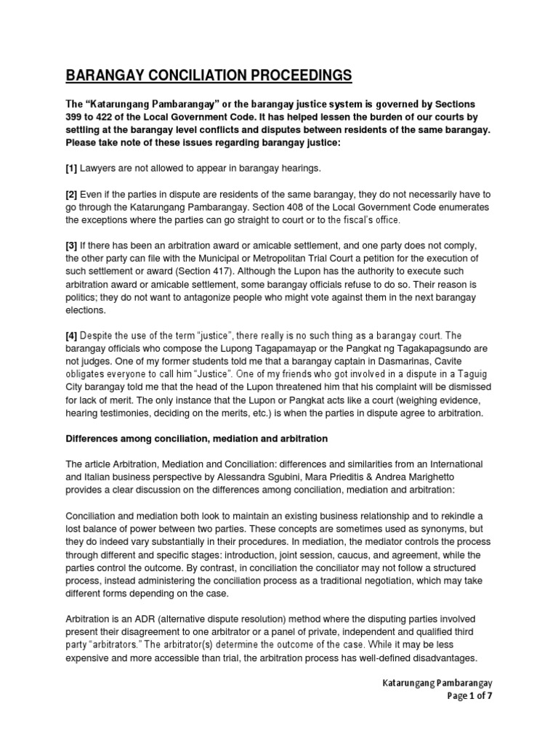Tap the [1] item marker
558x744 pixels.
coord(73,169)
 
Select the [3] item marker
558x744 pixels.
coord(73,246)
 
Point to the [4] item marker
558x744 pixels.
coord(73,336)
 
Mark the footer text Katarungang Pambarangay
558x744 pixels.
coord(441,683)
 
